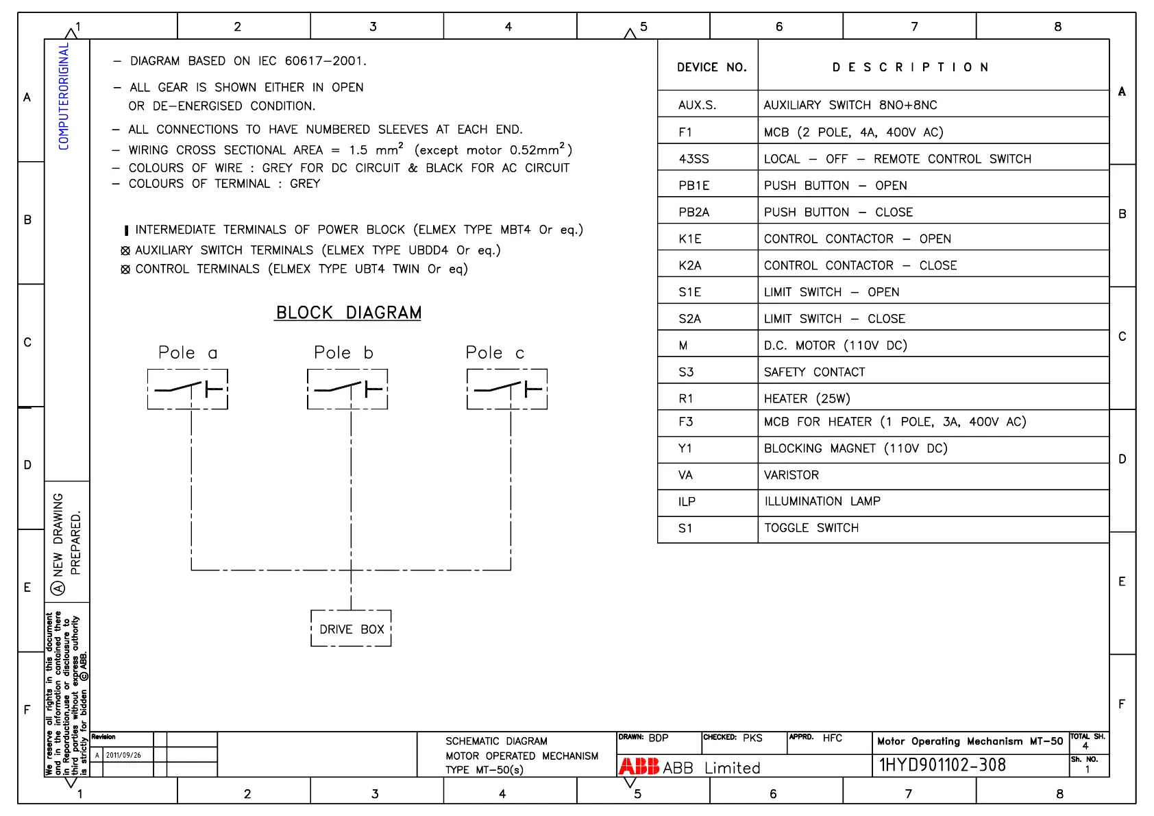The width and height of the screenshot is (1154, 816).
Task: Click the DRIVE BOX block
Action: click(351, 629)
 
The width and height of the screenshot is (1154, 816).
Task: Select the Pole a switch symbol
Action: click(188, 389)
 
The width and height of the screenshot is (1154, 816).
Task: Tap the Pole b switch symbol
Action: click(347, 389)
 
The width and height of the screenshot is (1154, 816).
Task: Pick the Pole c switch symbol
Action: click(507, 389)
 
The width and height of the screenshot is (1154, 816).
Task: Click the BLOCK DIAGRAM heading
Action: click(348, 313)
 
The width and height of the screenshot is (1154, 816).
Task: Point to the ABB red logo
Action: click(639, 767)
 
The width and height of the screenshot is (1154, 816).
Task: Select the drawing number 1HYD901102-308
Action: click(942, 765)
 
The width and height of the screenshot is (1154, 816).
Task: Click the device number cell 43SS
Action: click(693, 159)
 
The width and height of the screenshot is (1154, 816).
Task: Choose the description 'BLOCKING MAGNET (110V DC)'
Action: click(855, 448)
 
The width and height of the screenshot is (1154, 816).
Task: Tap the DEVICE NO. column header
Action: click(711, 67)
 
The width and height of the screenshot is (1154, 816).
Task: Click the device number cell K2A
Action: click(689, 265)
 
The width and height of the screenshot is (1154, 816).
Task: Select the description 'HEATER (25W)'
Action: click(807, 398)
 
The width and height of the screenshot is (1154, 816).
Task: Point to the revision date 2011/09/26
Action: click(123, 755)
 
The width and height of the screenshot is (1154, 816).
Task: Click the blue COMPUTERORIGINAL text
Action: click(64, 96)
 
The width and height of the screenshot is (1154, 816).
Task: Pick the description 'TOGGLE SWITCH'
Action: click(811, 528)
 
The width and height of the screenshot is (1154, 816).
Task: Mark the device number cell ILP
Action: click(687, 501)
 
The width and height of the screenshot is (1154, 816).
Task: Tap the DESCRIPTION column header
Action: click(910, 67)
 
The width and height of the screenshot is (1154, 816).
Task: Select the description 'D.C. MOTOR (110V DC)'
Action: click(835, 346)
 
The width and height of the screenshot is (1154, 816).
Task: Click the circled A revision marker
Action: click(58, 588)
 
